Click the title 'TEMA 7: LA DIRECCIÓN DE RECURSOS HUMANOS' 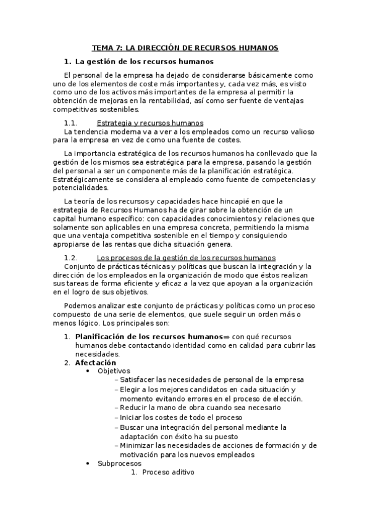pos(185,47)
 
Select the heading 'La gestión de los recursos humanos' pos(144,61)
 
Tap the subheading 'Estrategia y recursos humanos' pos(150,123)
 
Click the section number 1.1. pos(70,123)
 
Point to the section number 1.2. pos(70,257)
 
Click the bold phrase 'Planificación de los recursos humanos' pos(148,337)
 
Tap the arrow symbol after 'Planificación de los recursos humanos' pos(226,337)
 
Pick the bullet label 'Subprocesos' pos(119,463)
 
